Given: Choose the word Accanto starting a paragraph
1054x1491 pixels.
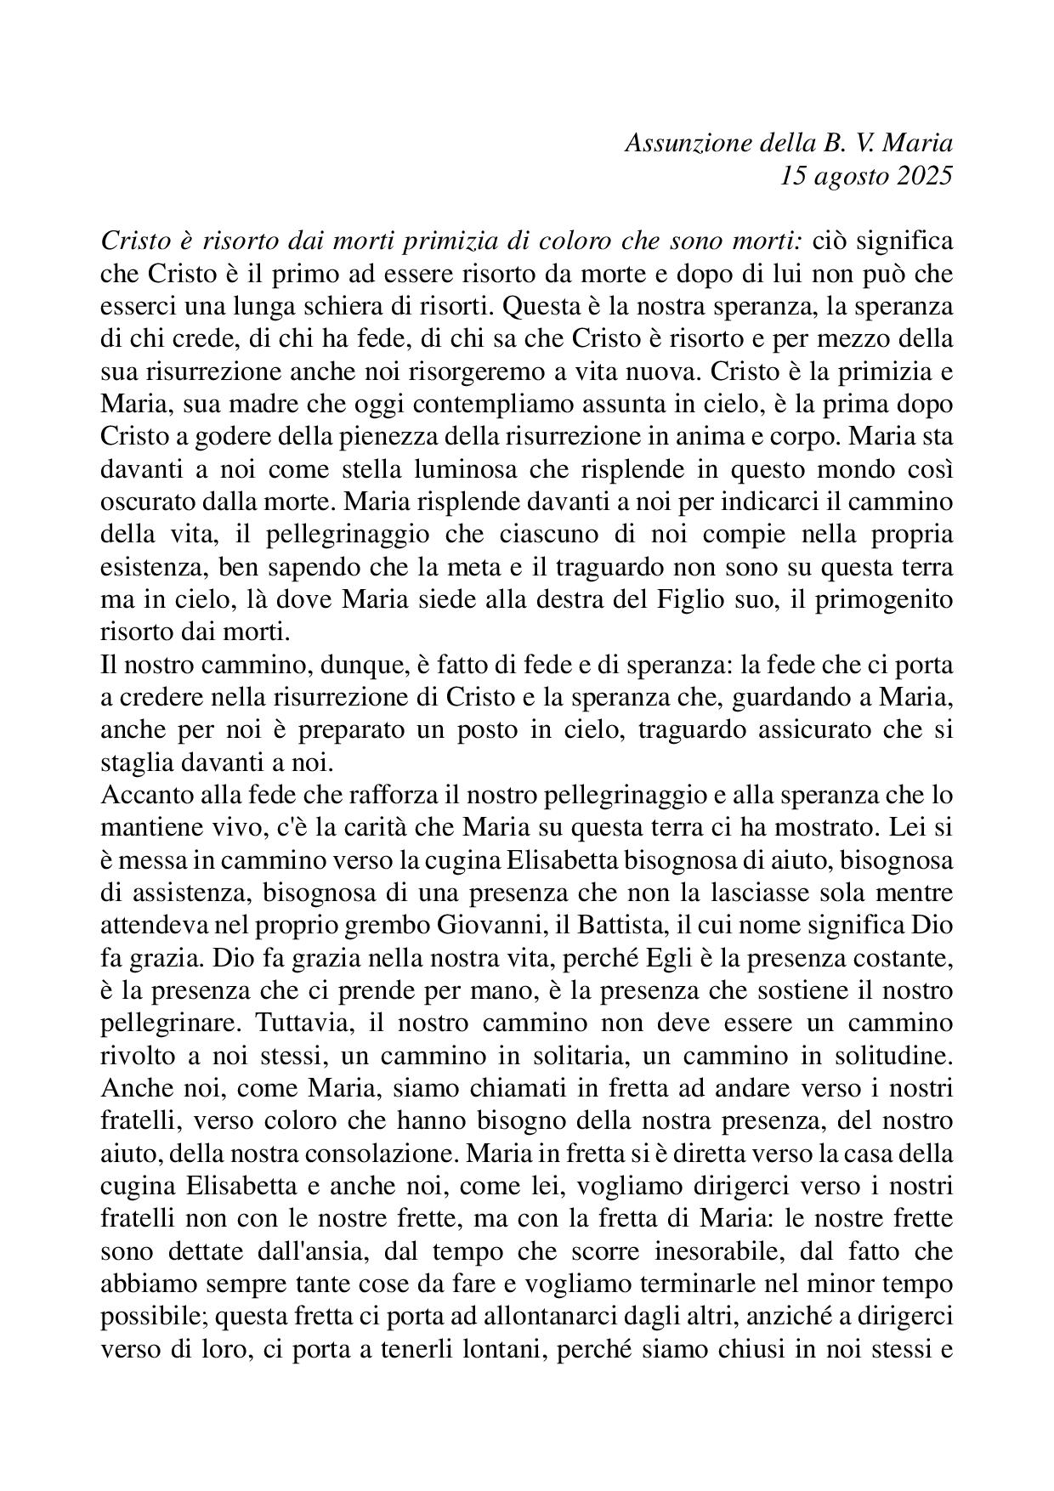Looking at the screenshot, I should (x=138, y=795).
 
